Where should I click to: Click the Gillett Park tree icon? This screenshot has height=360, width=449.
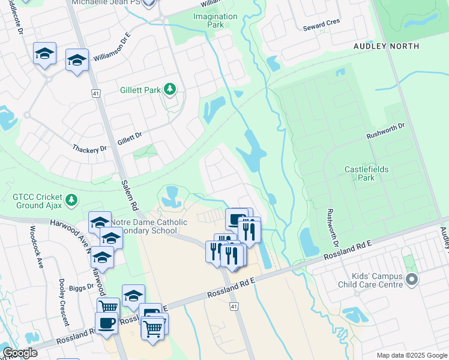pos(170,89)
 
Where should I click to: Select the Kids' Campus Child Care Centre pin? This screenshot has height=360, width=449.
pos(411,279)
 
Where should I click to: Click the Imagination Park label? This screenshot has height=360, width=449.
pos(208,20)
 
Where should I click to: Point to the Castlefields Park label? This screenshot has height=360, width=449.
pos(366,173)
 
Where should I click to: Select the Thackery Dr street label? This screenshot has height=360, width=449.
pos(89,148)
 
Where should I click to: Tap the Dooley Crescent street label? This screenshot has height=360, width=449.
pos(64,301)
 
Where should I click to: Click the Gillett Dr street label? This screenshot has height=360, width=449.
pos(129,137)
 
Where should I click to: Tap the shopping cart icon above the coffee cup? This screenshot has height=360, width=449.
pos(107,307)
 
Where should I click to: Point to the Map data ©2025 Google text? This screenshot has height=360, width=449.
pos(411,355)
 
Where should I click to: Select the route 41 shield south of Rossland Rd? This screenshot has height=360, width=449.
pos(234,307)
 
